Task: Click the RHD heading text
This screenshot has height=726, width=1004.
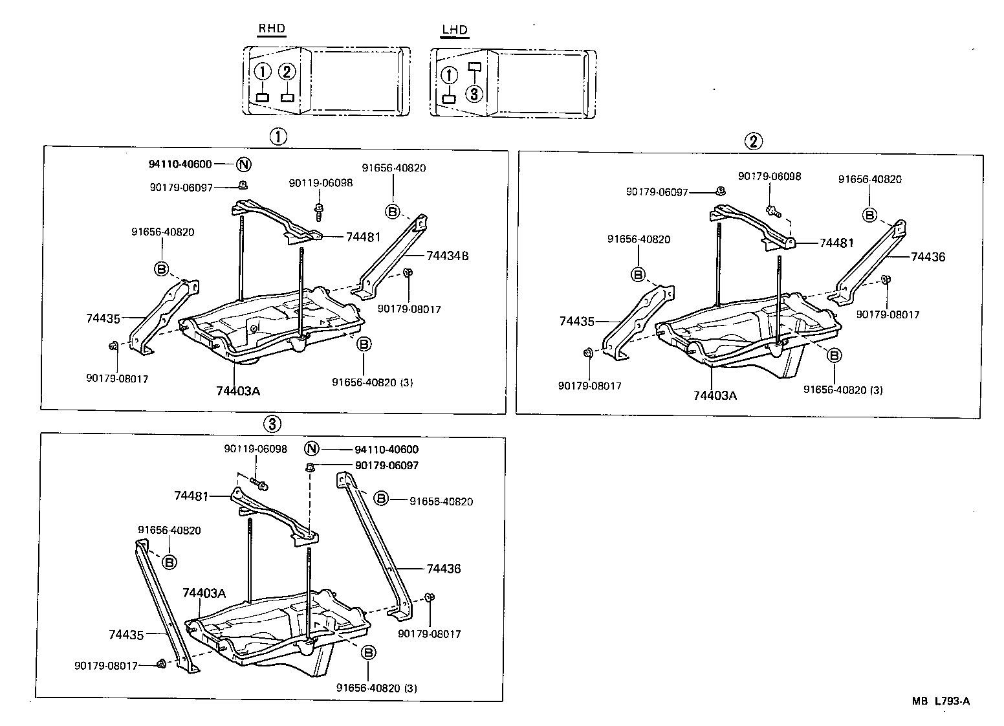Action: click(x=272, y=29)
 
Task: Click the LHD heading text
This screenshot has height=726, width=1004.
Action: click(x=455, y=30)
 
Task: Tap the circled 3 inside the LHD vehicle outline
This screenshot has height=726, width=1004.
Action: click(x=474, y=94)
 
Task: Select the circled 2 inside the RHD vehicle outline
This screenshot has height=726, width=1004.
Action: click(x=287, y=72)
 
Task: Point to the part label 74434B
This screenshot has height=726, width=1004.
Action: click(x=447, y=256)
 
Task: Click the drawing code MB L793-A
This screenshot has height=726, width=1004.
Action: click(x=941, y=701)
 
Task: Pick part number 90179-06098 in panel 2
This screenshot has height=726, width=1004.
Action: click(x=770, y=176)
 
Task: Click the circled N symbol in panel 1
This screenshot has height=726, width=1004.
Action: click(x=243, y=164)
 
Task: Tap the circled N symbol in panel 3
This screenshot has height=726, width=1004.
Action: click(x=312, y=449)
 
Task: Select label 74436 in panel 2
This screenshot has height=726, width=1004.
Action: click(x=928, y=257)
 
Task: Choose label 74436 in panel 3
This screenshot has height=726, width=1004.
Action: click(x=443, y=569)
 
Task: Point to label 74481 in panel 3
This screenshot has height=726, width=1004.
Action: click(x=191, y=496)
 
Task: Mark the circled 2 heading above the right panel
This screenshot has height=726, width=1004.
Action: click(x=752, y=141)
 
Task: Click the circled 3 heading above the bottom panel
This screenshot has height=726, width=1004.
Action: click(x=272, y=424)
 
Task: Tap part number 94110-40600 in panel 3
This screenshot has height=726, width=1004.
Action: click(x=386, y=450)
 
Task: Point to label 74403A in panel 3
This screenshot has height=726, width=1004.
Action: click(x=204, y=593)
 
